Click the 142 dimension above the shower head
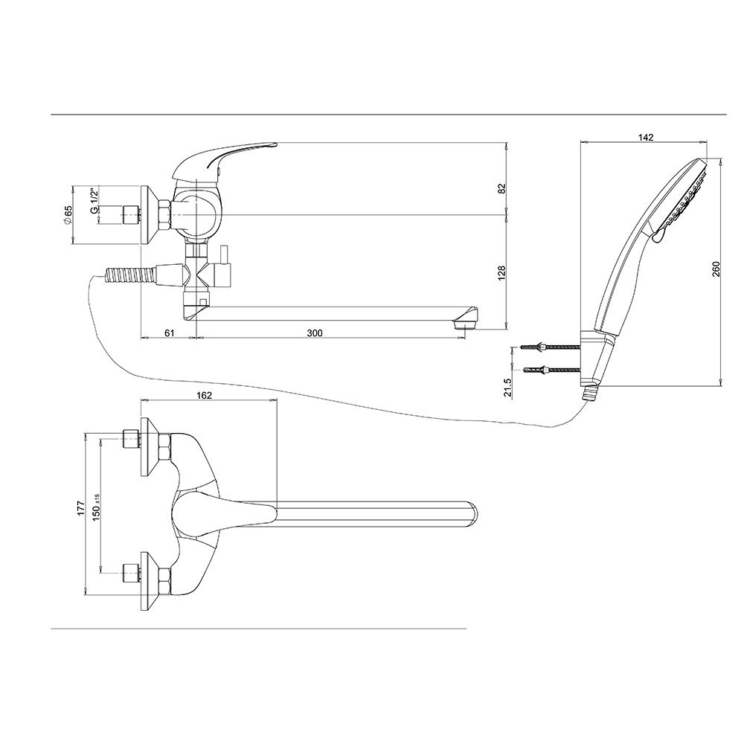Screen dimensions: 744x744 point(646,137)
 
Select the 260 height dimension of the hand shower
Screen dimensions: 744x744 point(716,269)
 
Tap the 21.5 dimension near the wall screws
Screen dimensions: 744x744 point(508,387)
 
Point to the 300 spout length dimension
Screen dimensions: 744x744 point(314,333)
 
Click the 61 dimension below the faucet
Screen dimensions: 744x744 point(170,333)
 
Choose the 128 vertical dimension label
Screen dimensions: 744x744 point(502,273)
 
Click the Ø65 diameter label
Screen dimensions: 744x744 point(68,215)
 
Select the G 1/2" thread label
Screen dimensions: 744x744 point(95,201)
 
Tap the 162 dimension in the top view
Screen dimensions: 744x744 point(204,395)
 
